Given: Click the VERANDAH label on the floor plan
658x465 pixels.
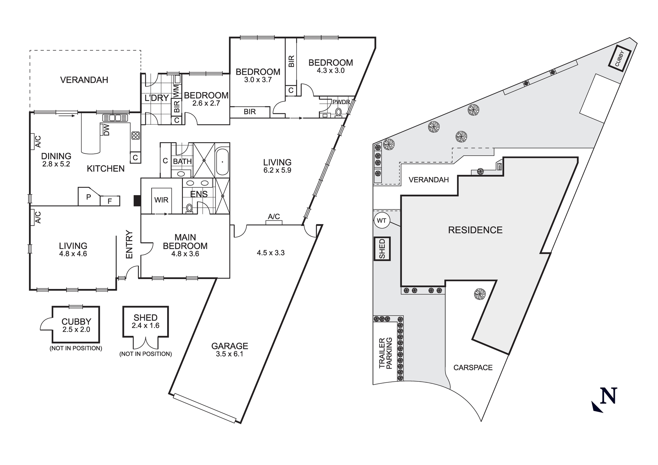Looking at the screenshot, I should pyautogui.click(x=84, y=80).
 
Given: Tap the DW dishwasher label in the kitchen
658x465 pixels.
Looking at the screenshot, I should pyautogui.click(x=106, y=130).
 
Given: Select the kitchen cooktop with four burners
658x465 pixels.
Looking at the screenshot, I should pyautogui.click(x=136, y=135).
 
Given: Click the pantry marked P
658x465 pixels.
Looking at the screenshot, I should pyautogui.click(x=88, y=197).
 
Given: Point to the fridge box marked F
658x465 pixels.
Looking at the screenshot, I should pyautogui.click(x=110, y=201).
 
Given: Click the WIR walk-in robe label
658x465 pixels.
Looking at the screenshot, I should pyautogui.click(x=161, y=200).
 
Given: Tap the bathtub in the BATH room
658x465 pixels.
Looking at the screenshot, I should pyautogui.click(x=223, y=162).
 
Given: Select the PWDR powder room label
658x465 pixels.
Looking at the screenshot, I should pyautogui.click(x=341, y=102).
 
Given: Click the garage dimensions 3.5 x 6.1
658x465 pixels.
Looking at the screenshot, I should pyautogui.click(x=230, y=354).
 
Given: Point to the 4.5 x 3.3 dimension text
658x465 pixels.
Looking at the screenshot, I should pyautogui.click(x=270, y=253).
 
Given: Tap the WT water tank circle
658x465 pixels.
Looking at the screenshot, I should pyautogui.click(x=381, y=220).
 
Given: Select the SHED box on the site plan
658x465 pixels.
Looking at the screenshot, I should pyautogui.click(x=382, y=249).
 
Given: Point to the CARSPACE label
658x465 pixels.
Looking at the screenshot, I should pyautogui.click(x=473, y=368).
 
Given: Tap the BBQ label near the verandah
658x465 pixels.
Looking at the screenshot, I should pyautogui.click(x=499, y=167).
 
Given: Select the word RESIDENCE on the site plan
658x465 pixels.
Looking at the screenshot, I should pyautogui.click(x=475, y=230).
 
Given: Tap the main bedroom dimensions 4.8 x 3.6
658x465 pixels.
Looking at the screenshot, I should pyautogui.click(x=185, y=254).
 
